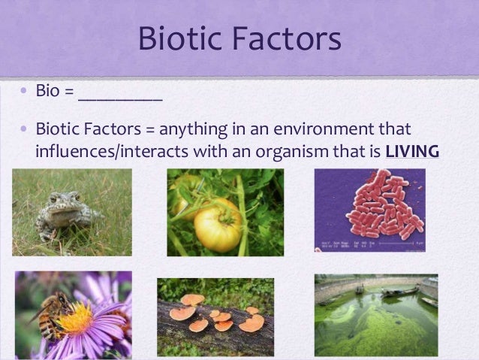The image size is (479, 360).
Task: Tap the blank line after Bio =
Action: click(x=120, y=95)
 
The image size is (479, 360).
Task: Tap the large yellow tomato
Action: click(x=218, y=224)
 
